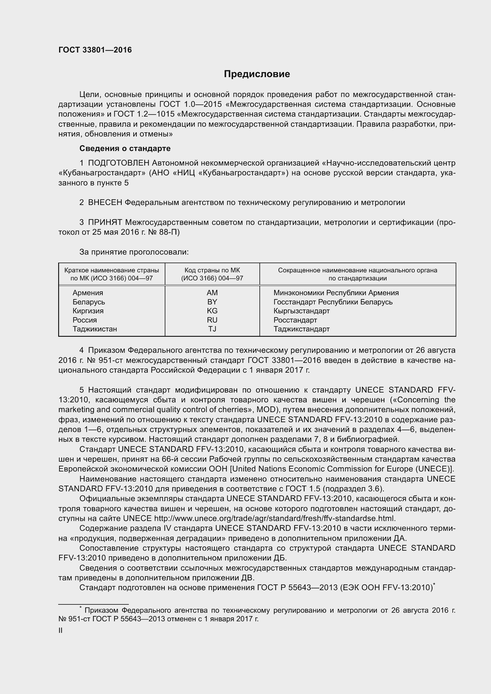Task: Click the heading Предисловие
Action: point(257,74)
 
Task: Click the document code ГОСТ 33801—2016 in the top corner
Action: point(95,50)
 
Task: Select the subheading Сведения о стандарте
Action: point(125,148)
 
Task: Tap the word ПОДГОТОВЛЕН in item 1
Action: point(118,163)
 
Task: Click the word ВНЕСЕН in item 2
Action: point(105,203)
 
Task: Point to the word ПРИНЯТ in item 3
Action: point(105,223)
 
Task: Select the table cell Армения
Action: point(88,293)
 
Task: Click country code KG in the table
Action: point(212,311)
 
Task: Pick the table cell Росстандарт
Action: point(295,320)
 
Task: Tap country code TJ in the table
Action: point(212,329)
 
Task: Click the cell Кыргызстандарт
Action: point(301,311)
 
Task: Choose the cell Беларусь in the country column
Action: point(88,302)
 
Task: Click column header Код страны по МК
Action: point(212,270)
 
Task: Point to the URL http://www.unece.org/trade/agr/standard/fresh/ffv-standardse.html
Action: point(274,518)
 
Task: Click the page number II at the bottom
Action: point(61,631)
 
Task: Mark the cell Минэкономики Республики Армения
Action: point(336,293)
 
